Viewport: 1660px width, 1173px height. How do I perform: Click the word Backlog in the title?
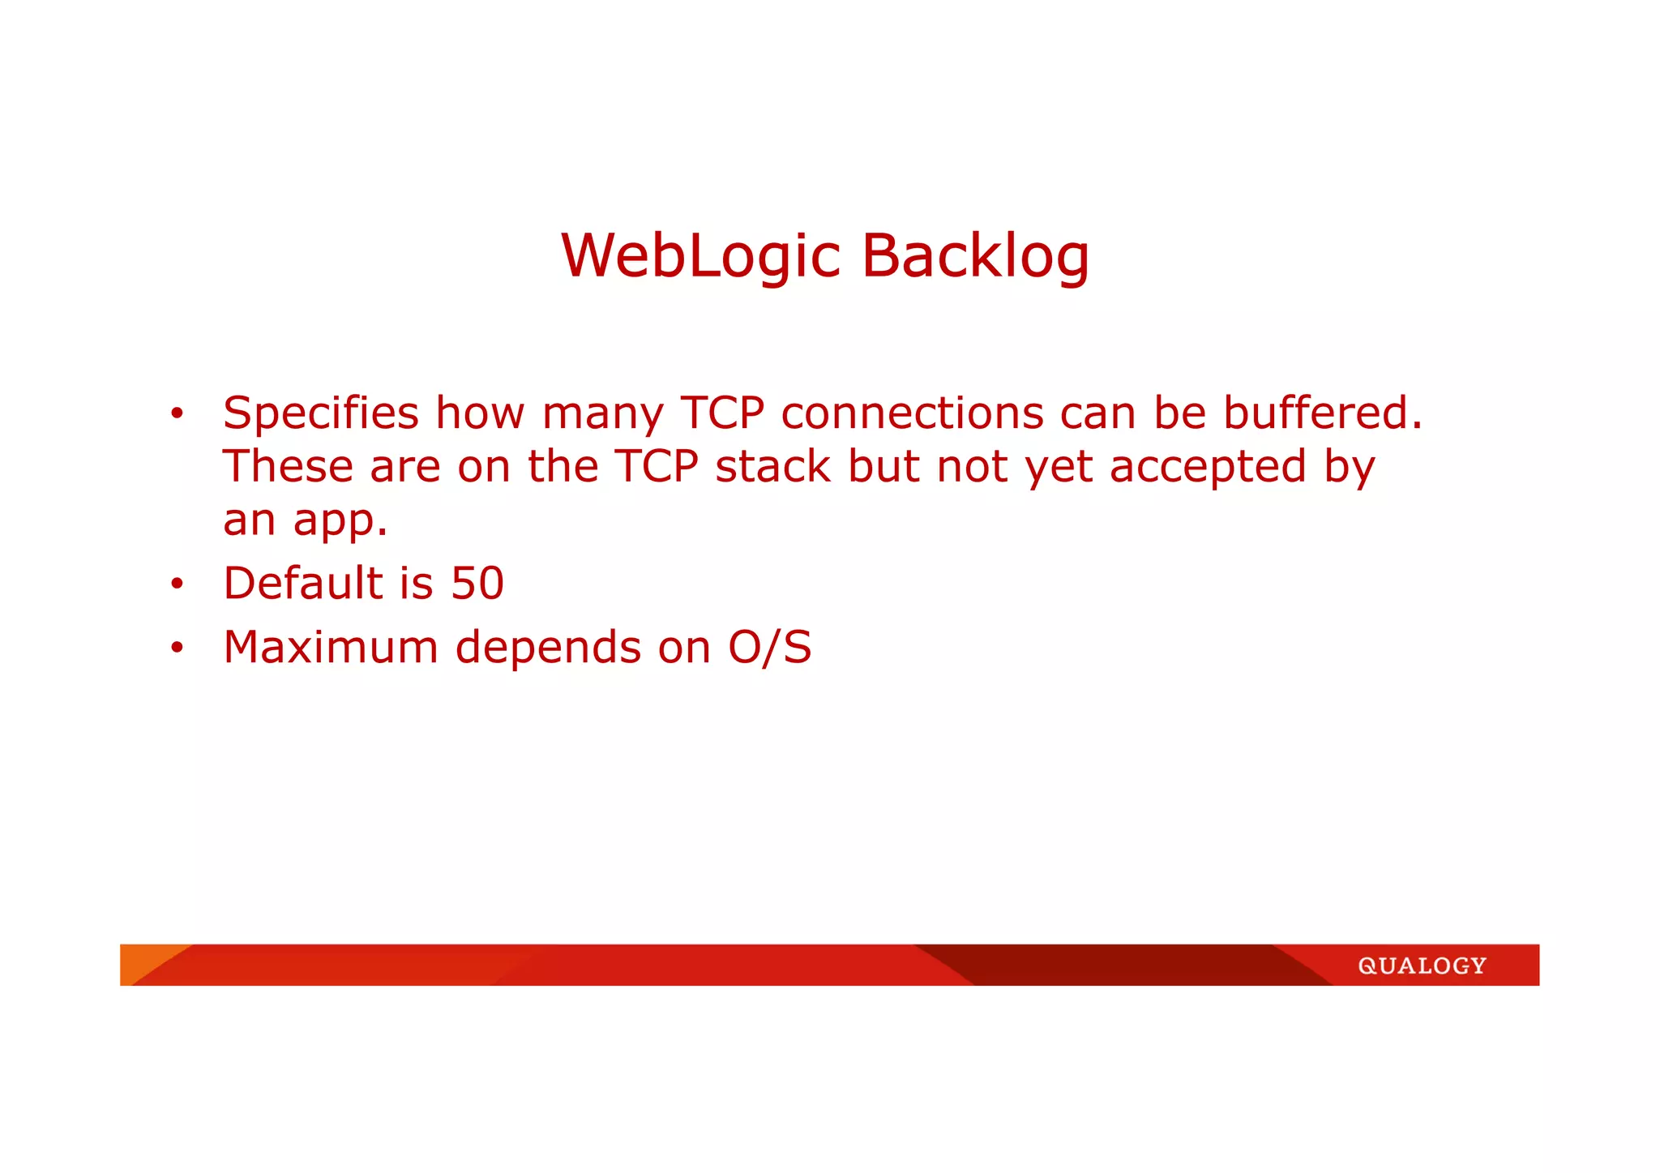(975, 256)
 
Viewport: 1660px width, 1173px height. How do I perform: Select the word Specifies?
(321, 413)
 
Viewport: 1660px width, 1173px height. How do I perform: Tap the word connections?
(912, 413)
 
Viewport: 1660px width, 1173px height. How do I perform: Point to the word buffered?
(1322, 413)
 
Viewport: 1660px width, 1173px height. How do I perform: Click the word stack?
(772, 467)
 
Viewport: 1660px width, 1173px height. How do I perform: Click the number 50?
(477, 584)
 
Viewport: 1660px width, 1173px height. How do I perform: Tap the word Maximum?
(331, 648)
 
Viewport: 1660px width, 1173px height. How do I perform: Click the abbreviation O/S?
(770, 648)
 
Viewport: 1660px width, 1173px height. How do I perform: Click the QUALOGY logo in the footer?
(1423, 965)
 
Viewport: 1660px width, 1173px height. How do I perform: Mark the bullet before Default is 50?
(178, 584)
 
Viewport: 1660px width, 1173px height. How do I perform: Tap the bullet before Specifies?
(178, 414)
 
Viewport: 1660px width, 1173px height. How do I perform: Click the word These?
(288, 467)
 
